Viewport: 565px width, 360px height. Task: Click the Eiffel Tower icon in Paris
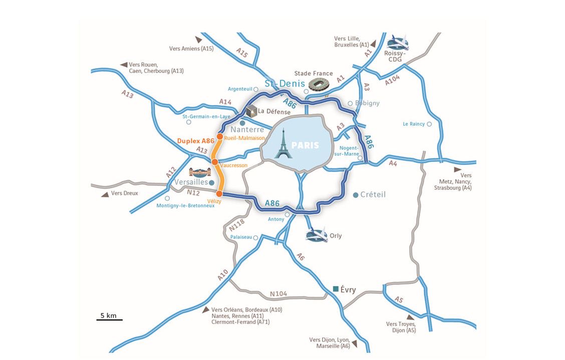283,144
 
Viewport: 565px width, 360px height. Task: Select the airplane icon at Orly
316,235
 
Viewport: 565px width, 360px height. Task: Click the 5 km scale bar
109,319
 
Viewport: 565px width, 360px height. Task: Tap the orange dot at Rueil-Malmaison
219,136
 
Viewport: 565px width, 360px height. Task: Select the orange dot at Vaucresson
214,162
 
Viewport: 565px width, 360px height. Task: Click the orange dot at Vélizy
219,193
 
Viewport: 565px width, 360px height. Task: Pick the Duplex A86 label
196,141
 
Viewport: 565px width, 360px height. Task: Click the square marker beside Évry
336,289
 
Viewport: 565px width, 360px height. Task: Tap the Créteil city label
373,195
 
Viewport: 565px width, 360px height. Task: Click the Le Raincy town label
413,124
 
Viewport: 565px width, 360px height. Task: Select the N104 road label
278,294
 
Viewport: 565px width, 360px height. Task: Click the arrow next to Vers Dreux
105,194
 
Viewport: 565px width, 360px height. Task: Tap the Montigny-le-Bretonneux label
185,206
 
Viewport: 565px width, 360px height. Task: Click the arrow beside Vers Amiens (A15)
199,39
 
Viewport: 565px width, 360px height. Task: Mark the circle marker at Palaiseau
255,237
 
